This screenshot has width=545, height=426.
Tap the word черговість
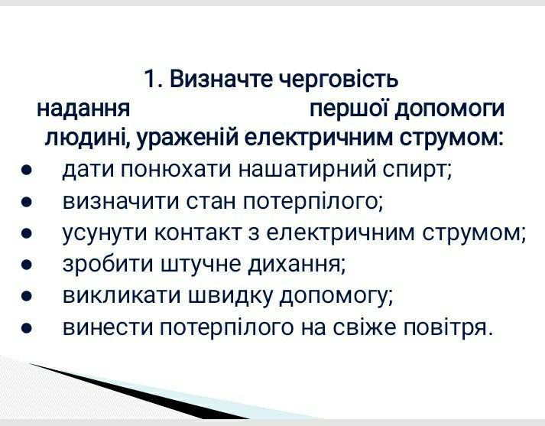pos(338,80)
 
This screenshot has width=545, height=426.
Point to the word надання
pos(83,109)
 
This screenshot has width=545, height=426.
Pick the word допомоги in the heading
pos(449,110)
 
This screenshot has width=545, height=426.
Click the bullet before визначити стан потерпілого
pos(27,202)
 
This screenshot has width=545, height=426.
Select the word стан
pos(211,202)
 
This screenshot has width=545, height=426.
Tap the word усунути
pos(104,234)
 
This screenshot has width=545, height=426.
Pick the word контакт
pos(197,233)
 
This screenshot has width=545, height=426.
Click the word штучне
pos(200,265)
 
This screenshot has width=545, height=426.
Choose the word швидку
pos(230,296)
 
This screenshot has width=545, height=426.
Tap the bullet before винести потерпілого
pos(27,327)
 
